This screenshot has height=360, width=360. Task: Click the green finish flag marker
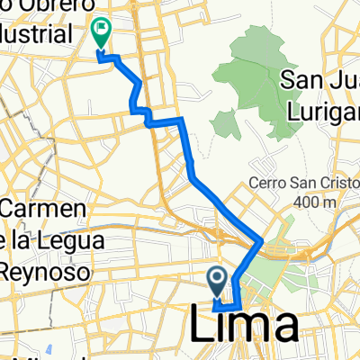[100, 34]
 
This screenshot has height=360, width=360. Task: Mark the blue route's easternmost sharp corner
[262, 242]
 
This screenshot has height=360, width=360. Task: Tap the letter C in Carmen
[10, 210]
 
